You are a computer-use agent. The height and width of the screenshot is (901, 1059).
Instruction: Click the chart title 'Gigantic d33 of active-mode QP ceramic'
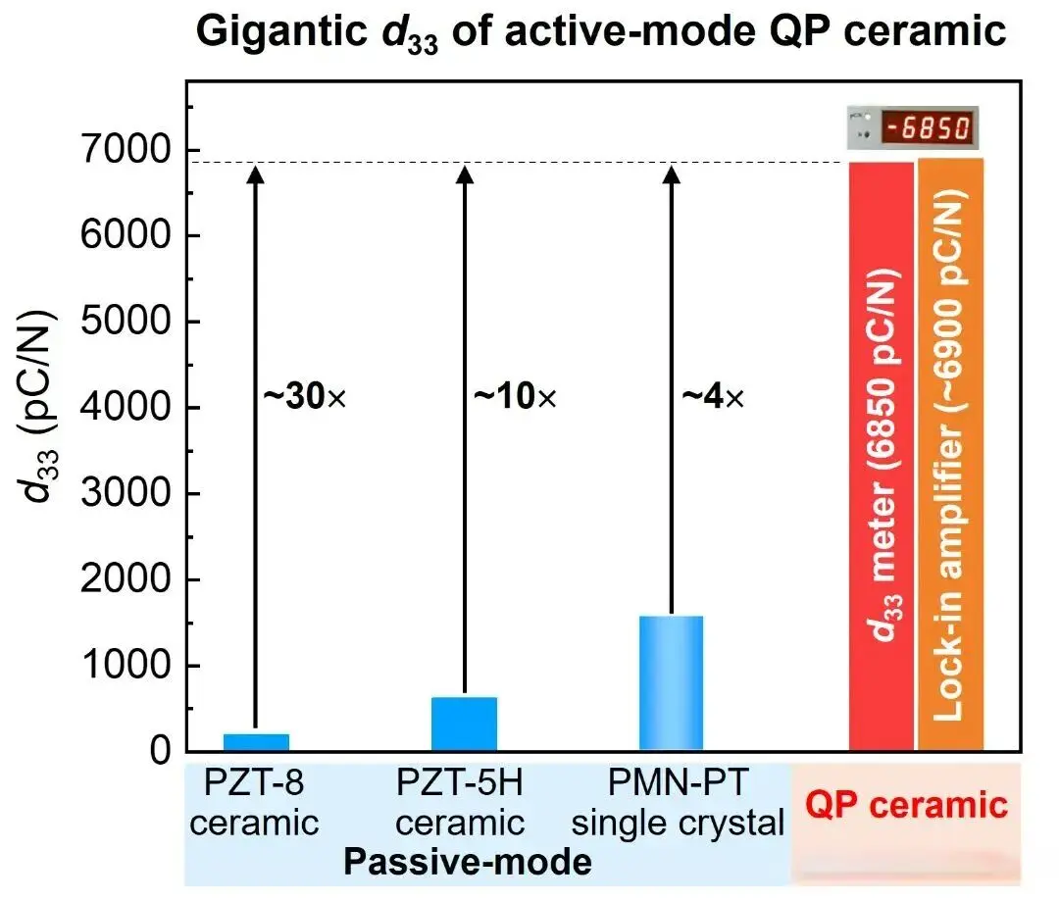pyautogui.click(x=601, y=31)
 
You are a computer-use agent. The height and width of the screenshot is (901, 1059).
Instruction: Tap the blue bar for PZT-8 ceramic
pyautogui.click(x=255, y=742)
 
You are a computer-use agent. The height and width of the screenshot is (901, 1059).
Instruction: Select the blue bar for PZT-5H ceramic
pyautogui.click(x=465, y=724)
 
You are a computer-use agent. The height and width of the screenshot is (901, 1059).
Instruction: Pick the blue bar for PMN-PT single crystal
pyautogui.click(x=672, y=682)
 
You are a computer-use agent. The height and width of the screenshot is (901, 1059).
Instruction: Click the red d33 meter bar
pyautogui.click(x=881, y=456)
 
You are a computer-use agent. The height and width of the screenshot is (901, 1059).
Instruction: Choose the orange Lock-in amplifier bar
pyautogui.click(x=950, y=456)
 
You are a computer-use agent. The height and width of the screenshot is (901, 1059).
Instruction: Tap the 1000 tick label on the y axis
pyautogui.click(x=127, y=666)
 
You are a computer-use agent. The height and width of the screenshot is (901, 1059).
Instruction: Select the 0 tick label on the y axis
pyautogui.click(x=160, y=752)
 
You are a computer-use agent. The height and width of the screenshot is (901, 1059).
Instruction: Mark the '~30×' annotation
pyautogui.click(x=305, y=398)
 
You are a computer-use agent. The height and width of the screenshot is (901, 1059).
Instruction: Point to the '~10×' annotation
pyautogui.click(x=515, y=398)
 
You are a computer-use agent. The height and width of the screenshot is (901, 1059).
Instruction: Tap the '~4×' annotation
pyautogui.click(x=713, y=398)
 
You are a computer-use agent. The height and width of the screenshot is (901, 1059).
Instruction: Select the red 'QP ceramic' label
pyautogui.click(x=907, y=805)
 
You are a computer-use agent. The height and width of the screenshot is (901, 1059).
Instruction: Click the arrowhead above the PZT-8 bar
pyautogui.click(x=255, y=175)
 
